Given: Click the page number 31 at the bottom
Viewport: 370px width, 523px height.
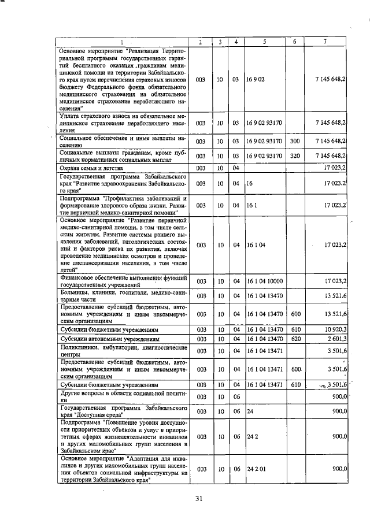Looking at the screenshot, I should tap(199, 499).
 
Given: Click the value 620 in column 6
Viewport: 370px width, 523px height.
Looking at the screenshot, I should tap(295, 338).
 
